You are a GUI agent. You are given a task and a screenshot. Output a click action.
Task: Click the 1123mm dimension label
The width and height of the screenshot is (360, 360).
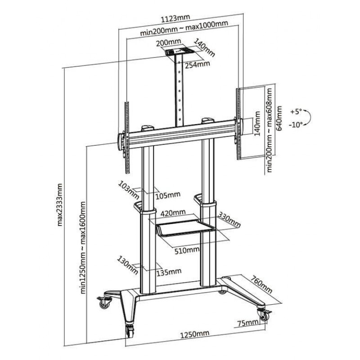(x=175, y=18)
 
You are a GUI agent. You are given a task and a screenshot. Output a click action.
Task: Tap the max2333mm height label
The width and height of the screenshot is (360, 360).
(x=60, y=204)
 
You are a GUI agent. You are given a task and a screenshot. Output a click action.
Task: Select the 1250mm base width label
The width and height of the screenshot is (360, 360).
(x=194, y=334)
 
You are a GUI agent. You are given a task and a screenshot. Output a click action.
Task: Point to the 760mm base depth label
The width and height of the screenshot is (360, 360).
(x=261, y=284)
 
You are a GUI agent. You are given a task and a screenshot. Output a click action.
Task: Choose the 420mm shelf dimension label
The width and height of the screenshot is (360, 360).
(x=173, y=213)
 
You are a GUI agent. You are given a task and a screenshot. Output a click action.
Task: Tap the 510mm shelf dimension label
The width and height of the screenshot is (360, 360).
(x=187, y=250)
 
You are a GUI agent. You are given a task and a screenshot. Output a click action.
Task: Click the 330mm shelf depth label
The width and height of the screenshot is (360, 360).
(x=229, y=220)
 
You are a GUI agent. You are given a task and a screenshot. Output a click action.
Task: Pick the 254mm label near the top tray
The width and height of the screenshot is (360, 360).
(x=198, y=64)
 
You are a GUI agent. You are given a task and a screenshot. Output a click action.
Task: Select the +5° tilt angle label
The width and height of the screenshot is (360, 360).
(x=296, y=112)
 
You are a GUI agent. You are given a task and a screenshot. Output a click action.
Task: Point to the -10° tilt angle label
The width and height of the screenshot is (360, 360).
(x=296, y=125)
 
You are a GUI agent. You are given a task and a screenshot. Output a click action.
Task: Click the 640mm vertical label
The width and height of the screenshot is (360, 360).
(x=279, y=118)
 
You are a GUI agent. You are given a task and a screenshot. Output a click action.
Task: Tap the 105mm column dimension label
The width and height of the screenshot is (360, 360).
(x=168, y=195)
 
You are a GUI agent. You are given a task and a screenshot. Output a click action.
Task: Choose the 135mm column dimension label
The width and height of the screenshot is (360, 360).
(x=169, y=272)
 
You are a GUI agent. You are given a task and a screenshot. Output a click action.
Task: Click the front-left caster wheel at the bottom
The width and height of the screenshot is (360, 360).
(x=130, y=332)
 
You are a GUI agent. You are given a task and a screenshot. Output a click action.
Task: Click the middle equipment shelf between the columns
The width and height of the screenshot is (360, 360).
(x=185, y=228)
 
